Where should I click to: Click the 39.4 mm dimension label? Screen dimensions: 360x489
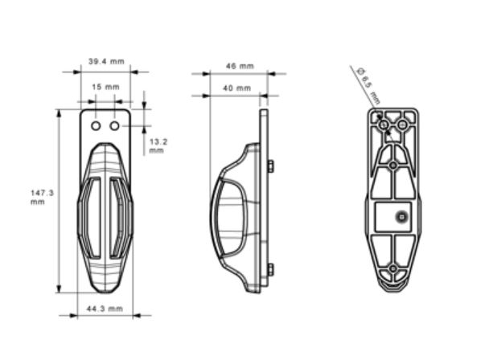point(105,61)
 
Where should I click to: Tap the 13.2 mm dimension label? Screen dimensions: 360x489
point(156,145)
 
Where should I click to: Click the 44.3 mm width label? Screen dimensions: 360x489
point(105,309)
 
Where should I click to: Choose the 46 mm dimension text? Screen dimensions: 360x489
point(239,66)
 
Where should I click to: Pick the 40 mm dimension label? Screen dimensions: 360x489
point(237,87)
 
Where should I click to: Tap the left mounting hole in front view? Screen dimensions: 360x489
point(96,126)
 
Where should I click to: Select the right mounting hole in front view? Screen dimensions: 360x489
point(114,126)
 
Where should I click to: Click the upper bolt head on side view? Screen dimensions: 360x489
point(270,166)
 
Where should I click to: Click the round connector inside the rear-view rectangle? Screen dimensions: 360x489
point(401,215)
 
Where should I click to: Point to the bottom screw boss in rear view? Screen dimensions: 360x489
point(392,268)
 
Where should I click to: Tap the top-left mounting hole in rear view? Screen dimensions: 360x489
point(383,125)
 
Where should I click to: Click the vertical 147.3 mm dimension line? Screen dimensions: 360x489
point(59,201)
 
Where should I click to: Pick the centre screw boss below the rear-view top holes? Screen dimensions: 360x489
point(392,165)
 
